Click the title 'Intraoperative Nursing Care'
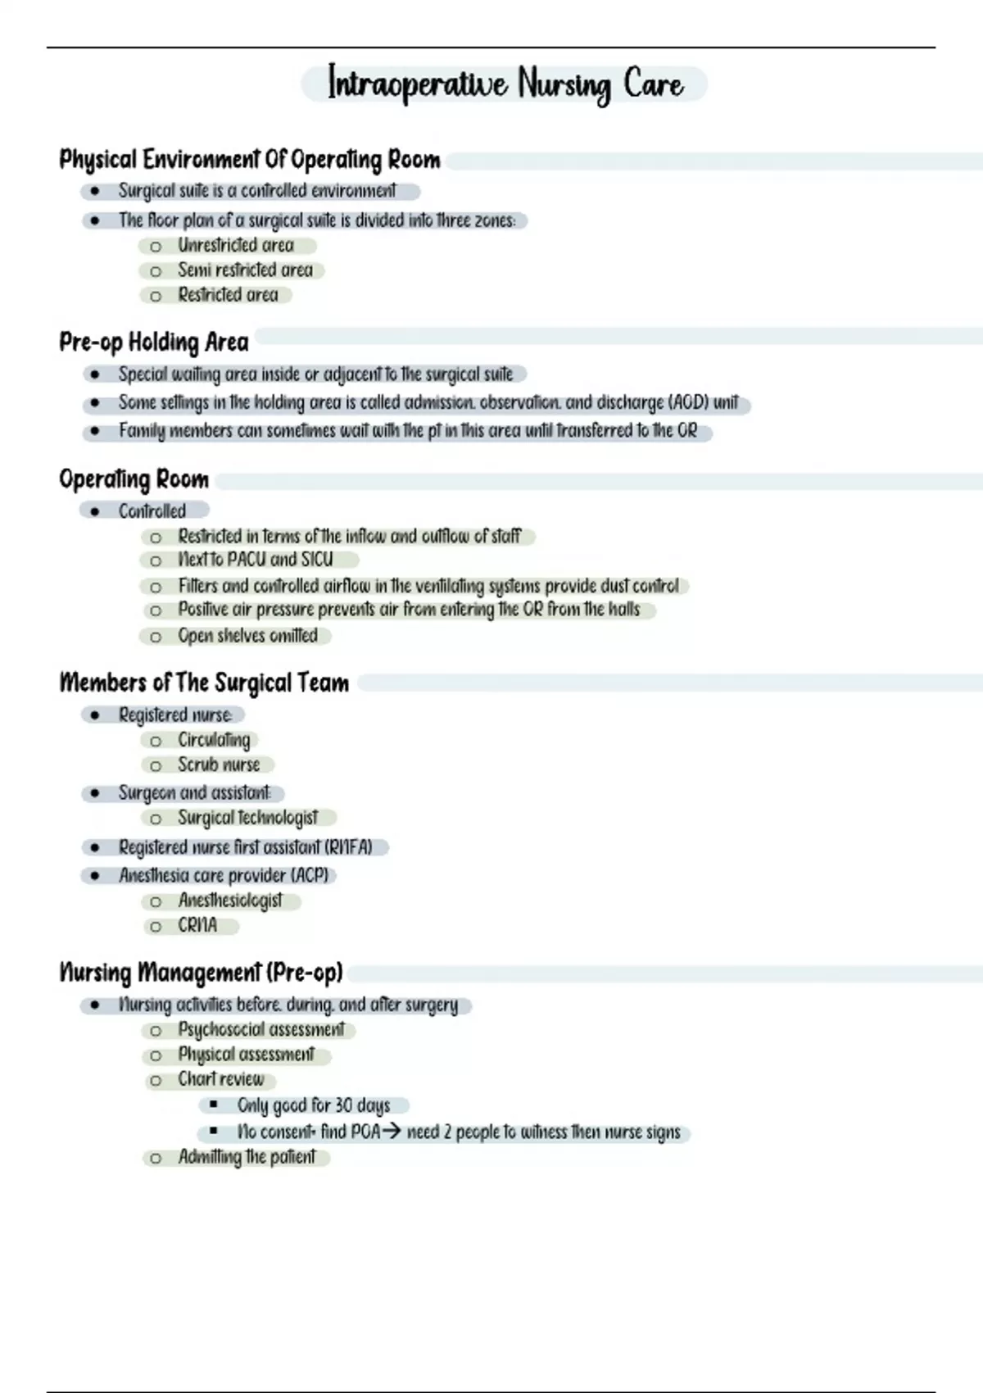click(x=505, y=84)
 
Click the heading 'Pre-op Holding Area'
click(x=154, y=342)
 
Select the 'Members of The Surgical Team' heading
click(x=204, y=683)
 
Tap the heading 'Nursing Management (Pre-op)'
click(x=201, y=973)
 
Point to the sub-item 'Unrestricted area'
click(x=236, y=245)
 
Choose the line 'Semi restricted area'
click(x=245, y=270)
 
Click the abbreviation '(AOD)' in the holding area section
click(x=688, y=402)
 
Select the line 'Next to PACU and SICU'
click(x=256, y=560)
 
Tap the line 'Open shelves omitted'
click(x=247, y=636)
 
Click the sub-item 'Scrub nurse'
click(x=219, y=765)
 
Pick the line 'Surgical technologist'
click(x=247, y=818)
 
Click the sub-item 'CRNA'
click(x=197, y=926)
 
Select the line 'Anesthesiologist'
click(x=230, y=901)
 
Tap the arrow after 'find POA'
click(x=392, y=1132)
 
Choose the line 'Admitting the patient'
click(x=247, y=1157)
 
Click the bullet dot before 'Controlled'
click(x=95, y=511)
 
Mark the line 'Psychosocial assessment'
click(x=260, y=1030)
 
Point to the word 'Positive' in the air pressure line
click(x=203, y=610)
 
